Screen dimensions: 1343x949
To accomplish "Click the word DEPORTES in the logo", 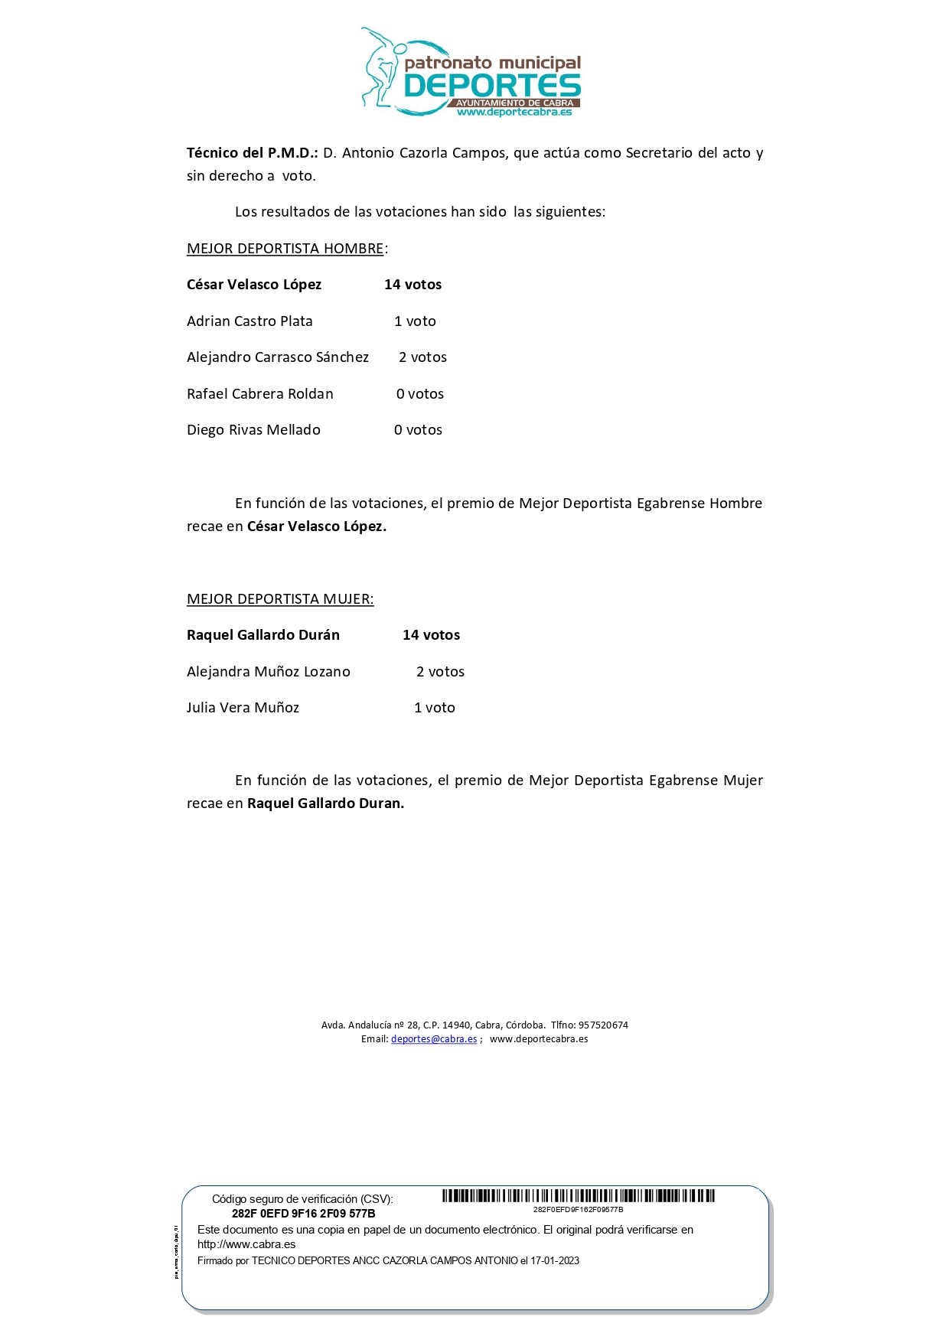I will (x=492, y=85).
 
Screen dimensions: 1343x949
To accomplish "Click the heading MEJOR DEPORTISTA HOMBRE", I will (x=285, y=249).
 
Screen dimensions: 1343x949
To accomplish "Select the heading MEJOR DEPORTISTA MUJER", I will (x=280, y=599).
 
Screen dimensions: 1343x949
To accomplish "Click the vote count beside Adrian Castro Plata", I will (x=415, y=321).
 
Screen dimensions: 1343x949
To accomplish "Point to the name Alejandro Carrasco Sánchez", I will (x=278, y=357).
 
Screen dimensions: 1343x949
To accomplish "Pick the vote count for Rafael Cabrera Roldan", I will (x=420, y=394).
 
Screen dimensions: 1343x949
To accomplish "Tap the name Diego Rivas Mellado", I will (x=253, y=430).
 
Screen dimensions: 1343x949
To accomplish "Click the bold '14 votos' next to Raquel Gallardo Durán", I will (x=431, y=635).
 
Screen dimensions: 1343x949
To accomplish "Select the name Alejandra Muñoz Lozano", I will (x=269, y=672).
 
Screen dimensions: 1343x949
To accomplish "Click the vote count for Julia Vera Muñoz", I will (x=435, y=708).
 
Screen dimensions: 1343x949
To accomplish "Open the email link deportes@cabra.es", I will (x=434, y=1039).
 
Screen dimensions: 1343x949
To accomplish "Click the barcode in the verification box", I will (x=579, y=1196).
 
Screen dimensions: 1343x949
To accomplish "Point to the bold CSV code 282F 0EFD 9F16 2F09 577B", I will (x=303, y=1214).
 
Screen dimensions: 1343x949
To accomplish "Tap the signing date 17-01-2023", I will (x=555, y=1261).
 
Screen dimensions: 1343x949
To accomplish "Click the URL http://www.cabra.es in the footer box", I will (x=246, y=1244).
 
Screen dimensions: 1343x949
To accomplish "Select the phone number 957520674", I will (x=603, y=1025).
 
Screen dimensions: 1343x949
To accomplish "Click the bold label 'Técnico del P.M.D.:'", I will (x=253, y=153).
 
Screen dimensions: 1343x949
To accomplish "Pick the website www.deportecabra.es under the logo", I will (x=514, y=112).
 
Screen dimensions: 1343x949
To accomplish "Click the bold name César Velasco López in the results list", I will (x=254, y=285).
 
